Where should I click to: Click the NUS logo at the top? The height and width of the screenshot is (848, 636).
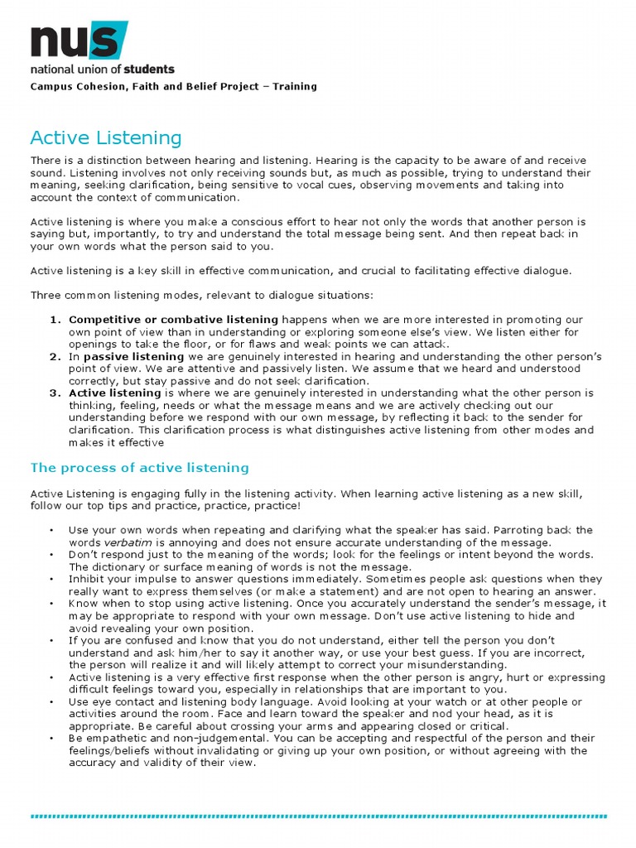pyautogui.click(x=79, y=41)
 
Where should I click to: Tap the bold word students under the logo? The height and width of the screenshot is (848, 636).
pyautogui.click(x=151, y=70)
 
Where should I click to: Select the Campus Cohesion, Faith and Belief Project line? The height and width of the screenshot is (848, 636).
pyautogui.click(x=173, y=86)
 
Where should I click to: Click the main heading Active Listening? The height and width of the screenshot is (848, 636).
pyautogui.click(x=106, y=137)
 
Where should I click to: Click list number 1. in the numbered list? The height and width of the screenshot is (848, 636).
pyautogui.click(x=55, y=320)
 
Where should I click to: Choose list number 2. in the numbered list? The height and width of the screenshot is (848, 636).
pyautogui.click(x=55, y=356)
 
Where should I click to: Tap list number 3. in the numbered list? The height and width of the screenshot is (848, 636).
pyautogui.click(x=55, y=393)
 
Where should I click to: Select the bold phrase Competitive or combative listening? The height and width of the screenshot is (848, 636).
pyautogui.click(x=173, y=320)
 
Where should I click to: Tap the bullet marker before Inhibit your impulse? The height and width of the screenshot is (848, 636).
pyautogui.click(x=52, y=580)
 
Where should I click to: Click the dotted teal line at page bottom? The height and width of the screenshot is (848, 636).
pyautogui.click(x=318, y=816)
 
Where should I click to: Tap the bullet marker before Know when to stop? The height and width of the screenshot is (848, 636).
pyautogui.click(x=52, y=604)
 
